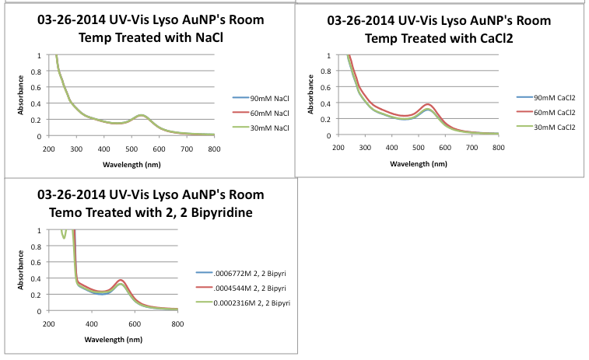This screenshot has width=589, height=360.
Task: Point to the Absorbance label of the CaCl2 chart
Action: point(311,96)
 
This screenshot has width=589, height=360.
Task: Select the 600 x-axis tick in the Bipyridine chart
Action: point(134,323)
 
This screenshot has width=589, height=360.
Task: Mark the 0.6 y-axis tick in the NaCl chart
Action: point(38,88)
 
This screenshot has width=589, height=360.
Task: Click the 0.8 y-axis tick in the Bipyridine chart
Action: point(38,246)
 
